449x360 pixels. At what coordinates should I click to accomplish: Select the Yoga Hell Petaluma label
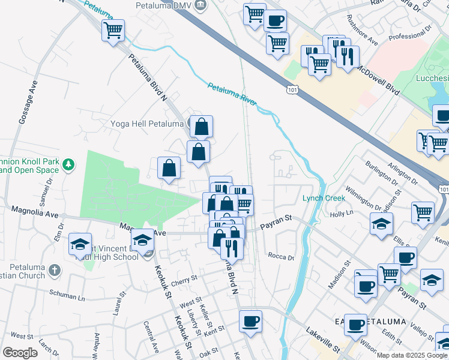tap(146, 124)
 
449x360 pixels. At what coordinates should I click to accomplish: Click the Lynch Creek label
tap(321, 198)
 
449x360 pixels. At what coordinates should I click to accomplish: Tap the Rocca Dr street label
tap(282, 257)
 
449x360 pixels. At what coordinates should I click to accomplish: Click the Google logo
tap(20, 353)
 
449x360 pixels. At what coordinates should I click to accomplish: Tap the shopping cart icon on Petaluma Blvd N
tap(113, 30)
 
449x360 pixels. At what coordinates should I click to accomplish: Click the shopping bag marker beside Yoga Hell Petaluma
tap(202, 127)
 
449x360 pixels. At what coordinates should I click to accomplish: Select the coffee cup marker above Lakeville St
tap(250, 320)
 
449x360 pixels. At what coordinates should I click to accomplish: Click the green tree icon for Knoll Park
tap(70, 164)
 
